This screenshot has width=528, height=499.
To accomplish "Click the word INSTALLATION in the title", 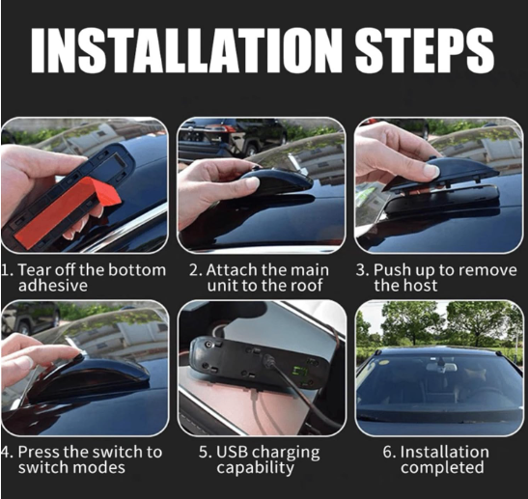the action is pos(186,49).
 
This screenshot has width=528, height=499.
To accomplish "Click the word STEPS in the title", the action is pos(425,49).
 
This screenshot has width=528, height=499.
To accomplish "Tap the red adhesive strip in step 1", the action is pos(68,211).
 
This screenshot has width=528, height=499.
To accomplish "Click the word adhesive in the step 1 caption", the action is pos(53,286).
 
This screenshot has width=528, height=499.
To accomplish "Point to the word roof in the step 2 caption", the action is pos(306,286).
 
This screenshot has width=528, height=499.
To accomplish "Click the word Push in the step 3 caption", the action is pos(392,270).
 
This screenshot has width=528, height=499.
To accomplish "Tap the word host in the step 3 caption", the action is pos(421,286).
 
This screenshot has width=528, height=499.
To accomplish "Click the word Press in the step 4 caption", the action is pos(39,452).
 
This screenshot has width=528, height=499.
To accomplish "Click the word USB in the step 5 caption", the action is pos(233,452).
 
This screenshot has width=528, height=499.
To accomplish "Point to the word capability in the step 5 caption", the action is pos(255,468).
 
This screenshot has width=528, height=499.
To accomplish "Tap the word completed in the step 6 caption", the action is pos(442,468).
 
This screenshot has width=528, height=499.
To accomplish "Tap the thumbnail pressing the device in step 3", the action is pos(432,172).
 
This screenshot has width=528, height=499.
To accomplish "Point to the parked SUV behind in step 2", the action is pos(233,137).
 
